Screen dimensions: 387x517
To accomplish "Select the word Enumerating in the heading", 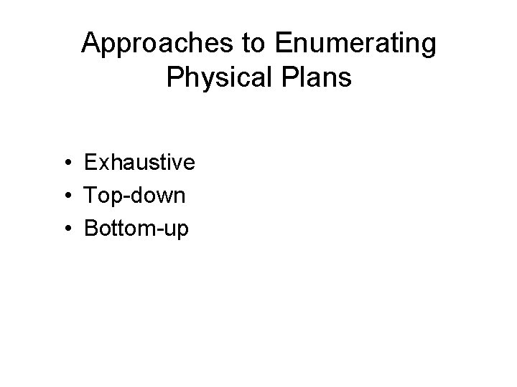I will click(x=355, y=44).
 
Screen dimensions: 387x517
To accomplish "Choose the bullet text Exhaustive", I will click(x=139, y=163).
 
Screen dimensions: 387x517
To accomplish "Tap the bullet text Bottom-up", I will click(x=136, y=229).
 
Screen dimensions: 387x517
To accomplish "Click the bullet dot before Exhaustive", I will click(x=65, y=163).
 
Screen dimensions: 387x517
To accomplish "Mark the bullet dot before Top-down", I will click(x=65, y=196).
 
